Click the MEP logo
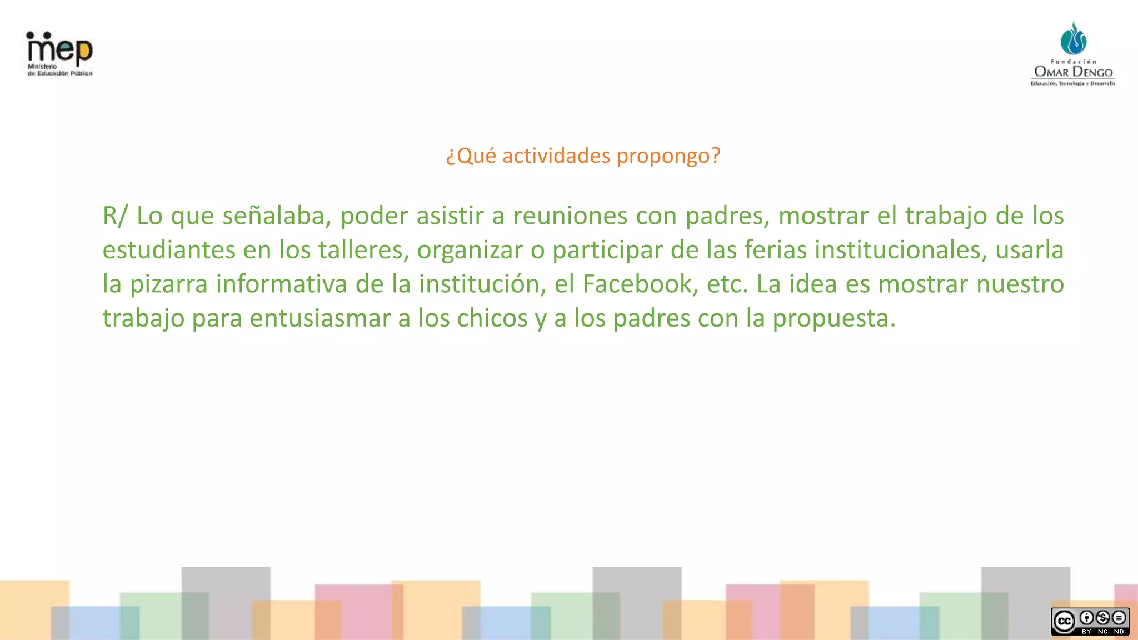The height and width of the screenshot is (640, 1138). [59, 53]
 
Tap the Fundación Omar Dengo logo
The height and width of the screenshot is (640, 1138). [1073, 54]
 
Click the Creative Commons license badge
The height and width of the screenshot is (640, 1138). [1090, 621]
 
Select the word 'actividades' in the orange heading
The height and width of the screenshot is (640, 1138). [556, 156]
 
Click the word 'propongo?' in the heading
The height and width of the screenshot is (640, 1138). [668, 156]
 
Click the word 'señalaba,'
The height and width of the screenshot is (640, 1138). [277, 216]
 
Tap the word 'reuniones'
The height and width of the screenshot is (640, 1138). [570, 216]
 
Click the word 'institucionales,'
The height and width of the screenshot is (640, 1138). [901, 250]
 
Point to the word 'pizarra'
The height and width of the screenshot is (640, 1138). [169, 284]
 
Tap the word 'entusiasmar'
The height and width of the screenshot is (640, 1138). [320, 318]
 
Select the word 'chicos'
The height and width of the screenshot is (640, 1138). [492, 318]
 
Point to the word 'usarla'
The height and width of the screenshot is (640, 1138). [1029, 250]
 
